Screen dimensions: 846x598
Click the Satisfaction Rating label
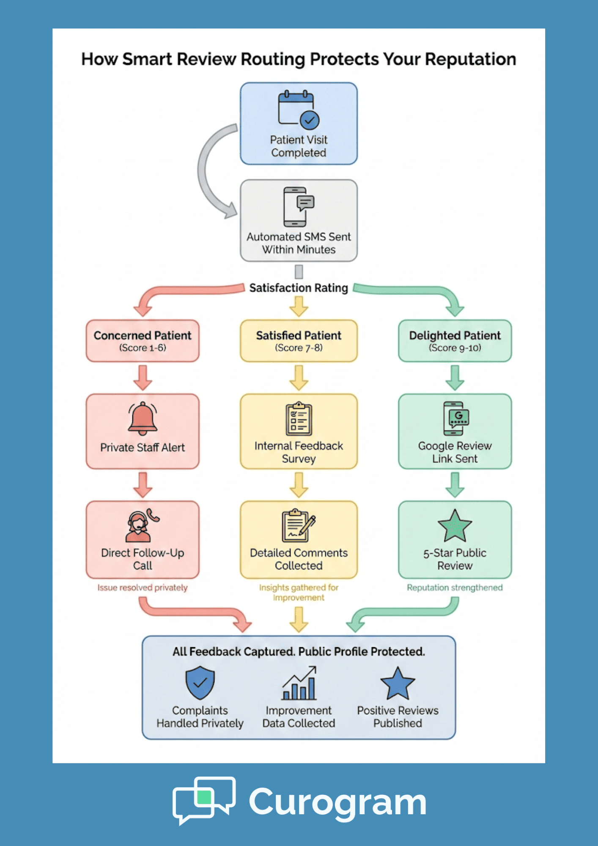[x=299, y=288]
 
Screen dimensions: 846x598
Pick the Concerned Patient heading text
[x=143, y=335]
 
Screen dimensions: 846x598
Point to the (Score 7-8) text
[x=299, y=348]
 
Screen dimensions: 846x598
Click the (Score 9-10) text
[x=455, y=348]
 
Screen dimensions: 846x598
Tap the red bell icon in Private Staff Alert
[x=143, y=418]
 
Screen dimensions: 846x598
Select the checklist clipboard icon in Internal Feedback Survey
[x=299, y=419]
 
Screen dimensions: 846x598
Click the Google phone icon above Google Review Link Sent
[x=455, y=418]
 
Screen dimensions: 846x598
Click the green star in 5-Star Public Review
[x=455, y=527]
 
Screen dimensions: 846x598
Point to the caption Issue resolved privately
[x=143, y=588]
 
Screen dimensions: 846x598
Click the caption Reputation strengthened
[x=455, y=588]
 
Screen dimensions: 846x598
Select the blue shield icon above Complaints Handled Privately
[x=200, y=682]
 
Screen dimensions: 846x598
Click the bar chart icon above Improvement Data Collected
[x=299, y=684]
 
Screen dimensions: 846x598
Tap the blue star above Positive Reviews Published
[x=398, y=684]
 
